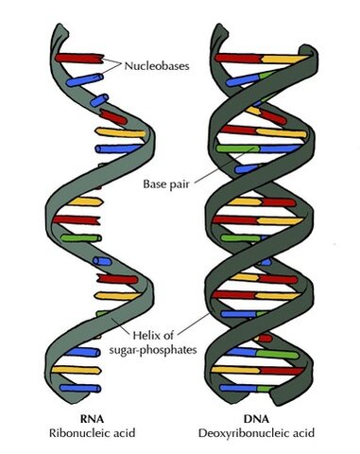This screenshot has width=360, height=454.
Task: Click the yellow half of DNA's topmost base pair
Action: pos(288,59)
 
